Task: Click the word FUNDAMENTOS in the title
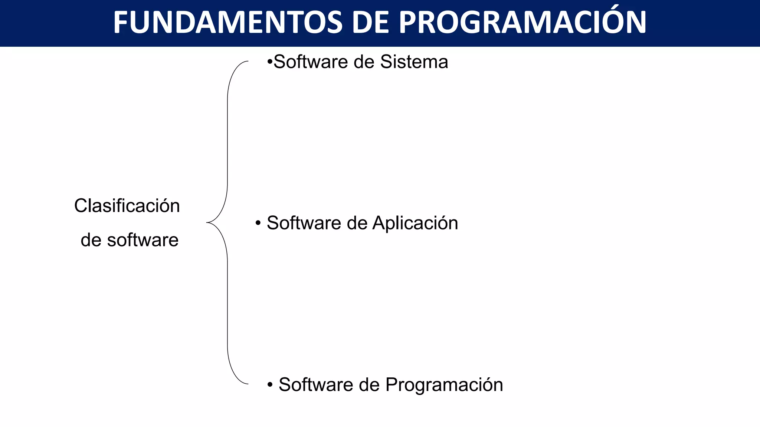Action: (x=227, y=23)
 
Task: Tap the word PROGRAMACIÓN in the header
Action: (x=522, y=23)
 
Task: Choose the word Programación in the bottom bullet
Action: (x=444, y=385)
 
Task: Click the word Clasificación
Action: (x=127, y=206)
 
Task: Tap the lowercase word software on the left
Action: (x=143, y=240)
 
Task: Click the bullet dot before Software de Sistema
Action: (x=270, y=62)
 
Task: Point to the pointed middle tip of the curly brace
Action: (x=207, y=223)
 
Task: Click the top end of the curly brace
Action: (x=248, y=62)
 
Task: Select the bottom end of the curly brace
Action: (x=248, y=384)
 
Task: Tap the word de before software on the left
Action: (x=91, y=240)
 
